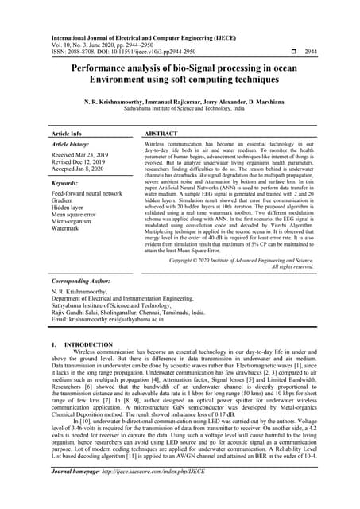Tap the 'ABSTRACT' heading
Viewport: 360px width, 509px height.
tap(162, 134)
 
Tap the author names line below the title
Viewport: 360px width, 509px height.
tap(180, 102)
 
